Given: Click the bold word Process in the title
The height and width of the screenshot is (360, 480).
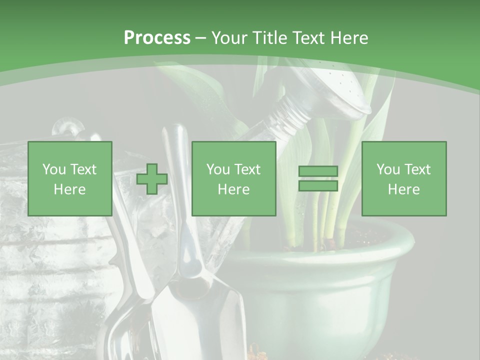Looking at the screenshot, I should pos(157,37).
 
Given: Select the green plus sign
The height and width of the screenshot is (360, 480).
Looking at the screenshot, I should pos(152,179).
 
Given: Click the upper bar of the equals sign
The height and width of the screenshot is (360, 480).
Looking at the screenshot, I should pos(318,171).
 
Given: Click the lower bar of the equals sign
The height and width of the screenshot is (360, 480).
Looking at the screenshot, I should pos(318,186).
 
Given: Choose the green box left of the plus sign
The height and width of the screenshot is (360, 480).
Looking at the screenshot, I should pos(69,178).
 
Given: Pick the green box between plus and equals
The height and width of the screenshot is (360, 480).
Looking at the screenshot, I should pos(233,178).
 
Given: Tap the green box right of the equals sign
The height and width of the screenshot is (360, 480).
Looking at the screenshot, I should pos(403,178).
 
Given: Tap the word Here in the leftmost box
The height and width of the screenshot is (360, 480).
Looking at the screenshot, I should pos(69,189).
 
